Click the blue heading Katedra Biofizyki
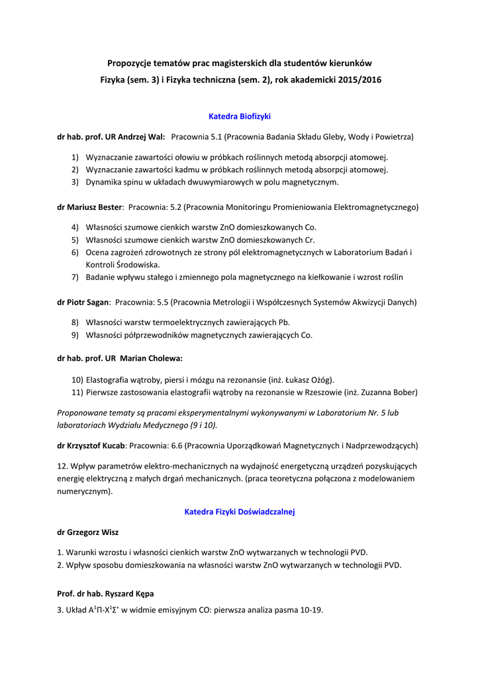pyautogui.click(x=240, y=116)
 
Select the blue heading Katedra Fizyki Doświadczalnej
pyautogui.click(x=240, y=511)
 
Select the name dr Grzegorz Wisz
pyautogui.click(x=88, y=532)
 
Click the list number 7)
pyautogui.click(x=75, y=277)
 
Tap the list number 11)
pyautogui.click(x=77, y=393)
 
